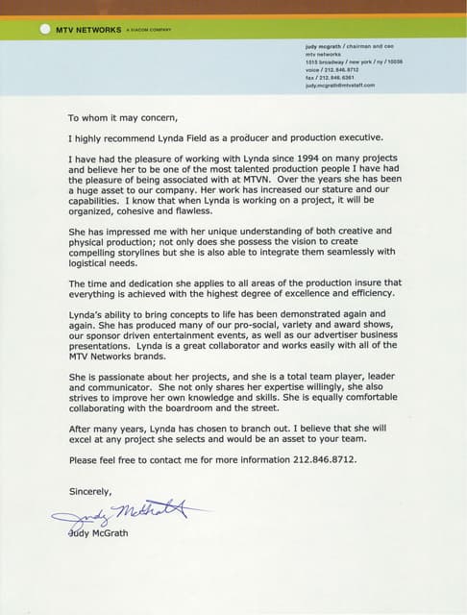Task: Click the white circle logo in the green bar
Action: [x=44, y=29]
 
